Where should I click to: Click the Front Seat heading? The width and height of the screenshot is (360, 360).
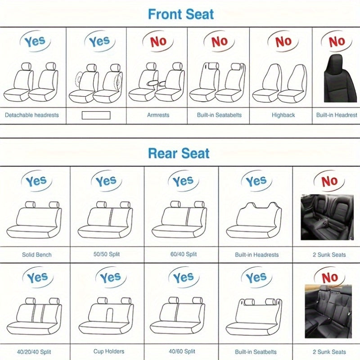[x=181, y=14]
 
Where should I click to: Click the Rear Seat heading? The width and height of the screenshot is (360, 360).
[x=179, y=153]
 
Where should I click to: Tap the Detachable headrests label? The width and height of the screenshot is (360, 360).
[x=32, y=115]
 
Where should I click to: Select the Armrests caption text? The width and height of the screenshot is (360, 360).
[x=158, y=115]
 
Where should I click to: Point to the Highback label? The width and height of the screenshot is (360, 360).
[x=283, y=115]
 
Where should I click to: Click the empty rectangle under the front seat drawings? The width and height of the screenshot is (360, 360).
[x=96, y=115]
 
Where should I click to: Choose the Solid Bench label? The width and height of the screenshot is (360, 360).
[x=37, y=255]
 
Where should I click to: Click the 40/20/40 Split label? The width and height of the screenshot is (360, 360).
[x=34, y=351]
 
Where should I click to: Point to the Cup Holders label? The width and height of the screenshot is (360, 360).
[x=109, y=351]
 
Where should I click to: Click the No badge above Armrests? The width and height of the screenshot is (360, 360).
[x=158, y=42]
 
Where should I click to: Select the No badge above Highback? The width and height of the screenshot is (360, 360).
[x=283, y=42]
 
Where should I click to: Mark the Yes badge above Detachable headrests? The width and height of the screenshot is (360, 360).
[x=34, y=42]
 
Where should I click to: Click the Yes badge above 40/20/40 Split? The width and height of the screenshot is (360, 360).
[x=36, y=278]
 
